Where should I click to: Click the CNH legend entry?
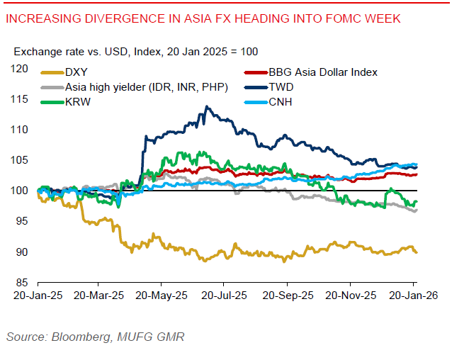pos(281,101)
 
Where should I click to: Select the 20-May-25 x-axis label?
pos(162,296)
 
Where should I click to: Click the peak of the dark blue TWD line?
pos(205,107)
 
